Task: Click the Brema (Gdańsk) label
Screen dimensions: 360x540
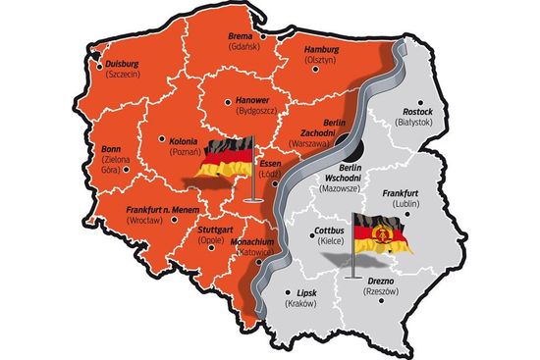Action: pyautogui.click(x=242, y=39)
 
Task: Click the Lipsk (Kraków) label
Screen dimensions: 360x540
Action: pyautogui.click(x=299, y=299)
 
